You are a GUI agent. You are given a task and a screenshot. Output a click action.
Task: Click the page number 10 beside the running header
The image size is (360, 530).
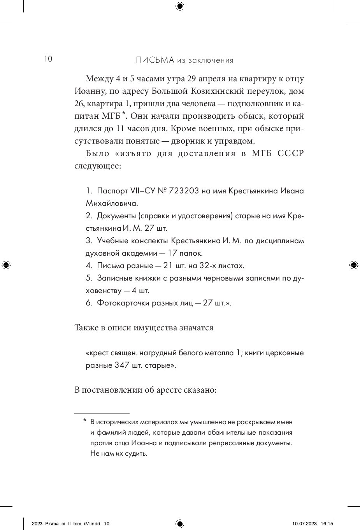click(48, 59)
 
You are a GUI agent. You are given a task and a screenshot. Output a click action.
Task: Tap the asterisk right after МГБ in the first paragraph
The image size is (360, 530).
click(124, 114)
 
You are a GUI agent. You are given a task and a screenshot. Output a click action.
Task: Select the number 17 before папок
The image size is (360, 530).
click(173, 253)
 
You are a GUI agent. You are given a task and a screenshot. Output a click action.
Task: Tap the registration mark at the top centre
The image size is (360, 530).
click(180, 5)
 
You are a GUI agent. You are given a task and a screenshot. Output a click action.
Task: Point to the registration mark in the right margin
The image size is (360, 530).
click(354, 265)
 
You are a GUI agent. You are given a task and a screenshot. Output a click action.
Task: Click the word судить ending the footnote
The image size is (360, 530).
click(137, 453)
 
